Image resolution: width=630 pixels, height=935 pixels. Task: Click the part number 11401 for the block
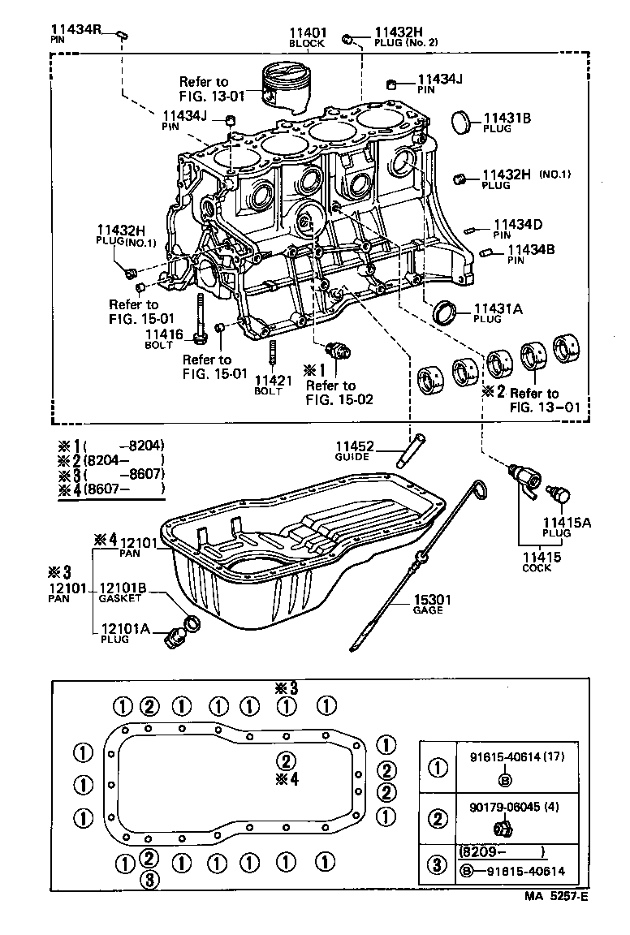pyautogui.click(x=307, y=32)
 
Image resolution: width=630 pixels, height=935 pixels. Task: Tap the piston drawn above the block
pyautogui.click(x=289, y=86)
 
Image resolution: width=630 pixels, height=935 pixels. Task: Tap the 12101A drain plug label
pyautogui.click(x=124, y=628)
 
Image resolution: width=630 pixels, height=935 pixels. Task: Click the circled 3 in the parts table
pyautogui.click(x=438, y=864)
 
